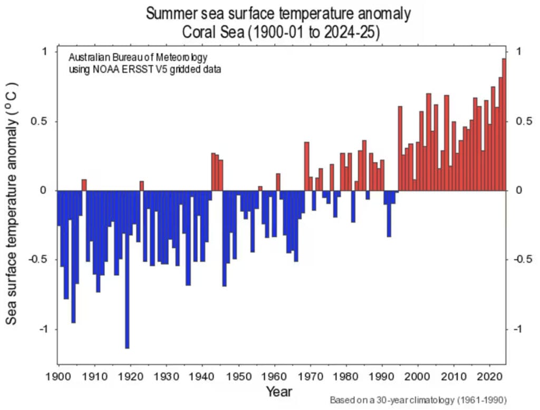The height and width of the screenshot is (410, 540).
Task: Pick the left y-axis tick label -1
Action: (44, 329)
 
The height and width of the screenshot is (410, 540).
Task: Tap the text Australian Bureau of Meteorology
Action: (139, 57)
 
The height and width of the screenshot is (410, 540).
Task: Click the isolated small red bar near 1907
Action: (84, 185)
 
